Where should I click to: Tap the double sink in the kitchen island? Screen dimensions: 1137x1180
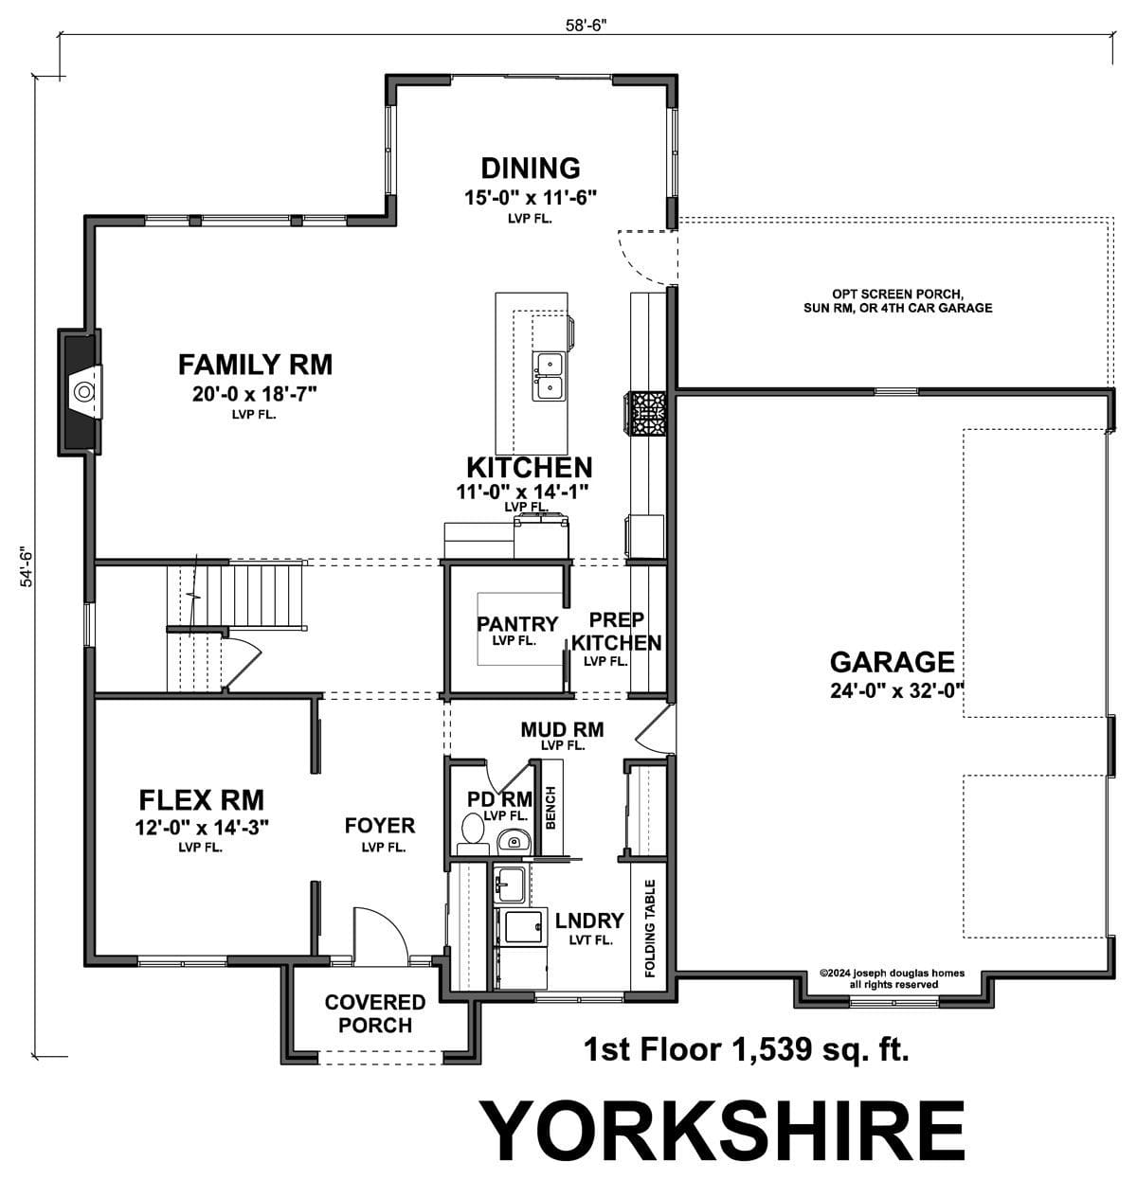(549, 376)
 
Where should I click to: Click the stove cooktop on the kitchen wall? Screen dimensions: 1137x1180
(646, 414)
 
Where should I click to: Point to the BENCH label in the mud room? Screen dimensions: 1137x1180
(550, 808)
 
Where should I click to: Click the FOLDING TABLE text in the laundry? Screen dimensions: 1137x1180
(650, 928)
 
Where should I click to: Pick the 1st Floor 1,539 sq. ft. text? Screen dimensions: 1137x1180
(747, 1048)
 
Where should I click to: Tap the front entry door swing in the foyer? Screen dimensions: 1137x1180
(380, 936)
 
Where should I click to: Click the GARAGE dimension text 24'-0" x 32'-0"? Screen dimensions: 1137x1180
(897, 690)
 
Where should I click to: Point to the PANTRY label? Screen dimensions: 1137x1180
(517, 623)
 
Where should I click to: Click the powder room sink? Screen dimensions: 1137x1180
(514, 840)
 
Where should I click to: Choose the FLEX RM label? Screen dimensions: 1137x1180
(202, 800)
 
